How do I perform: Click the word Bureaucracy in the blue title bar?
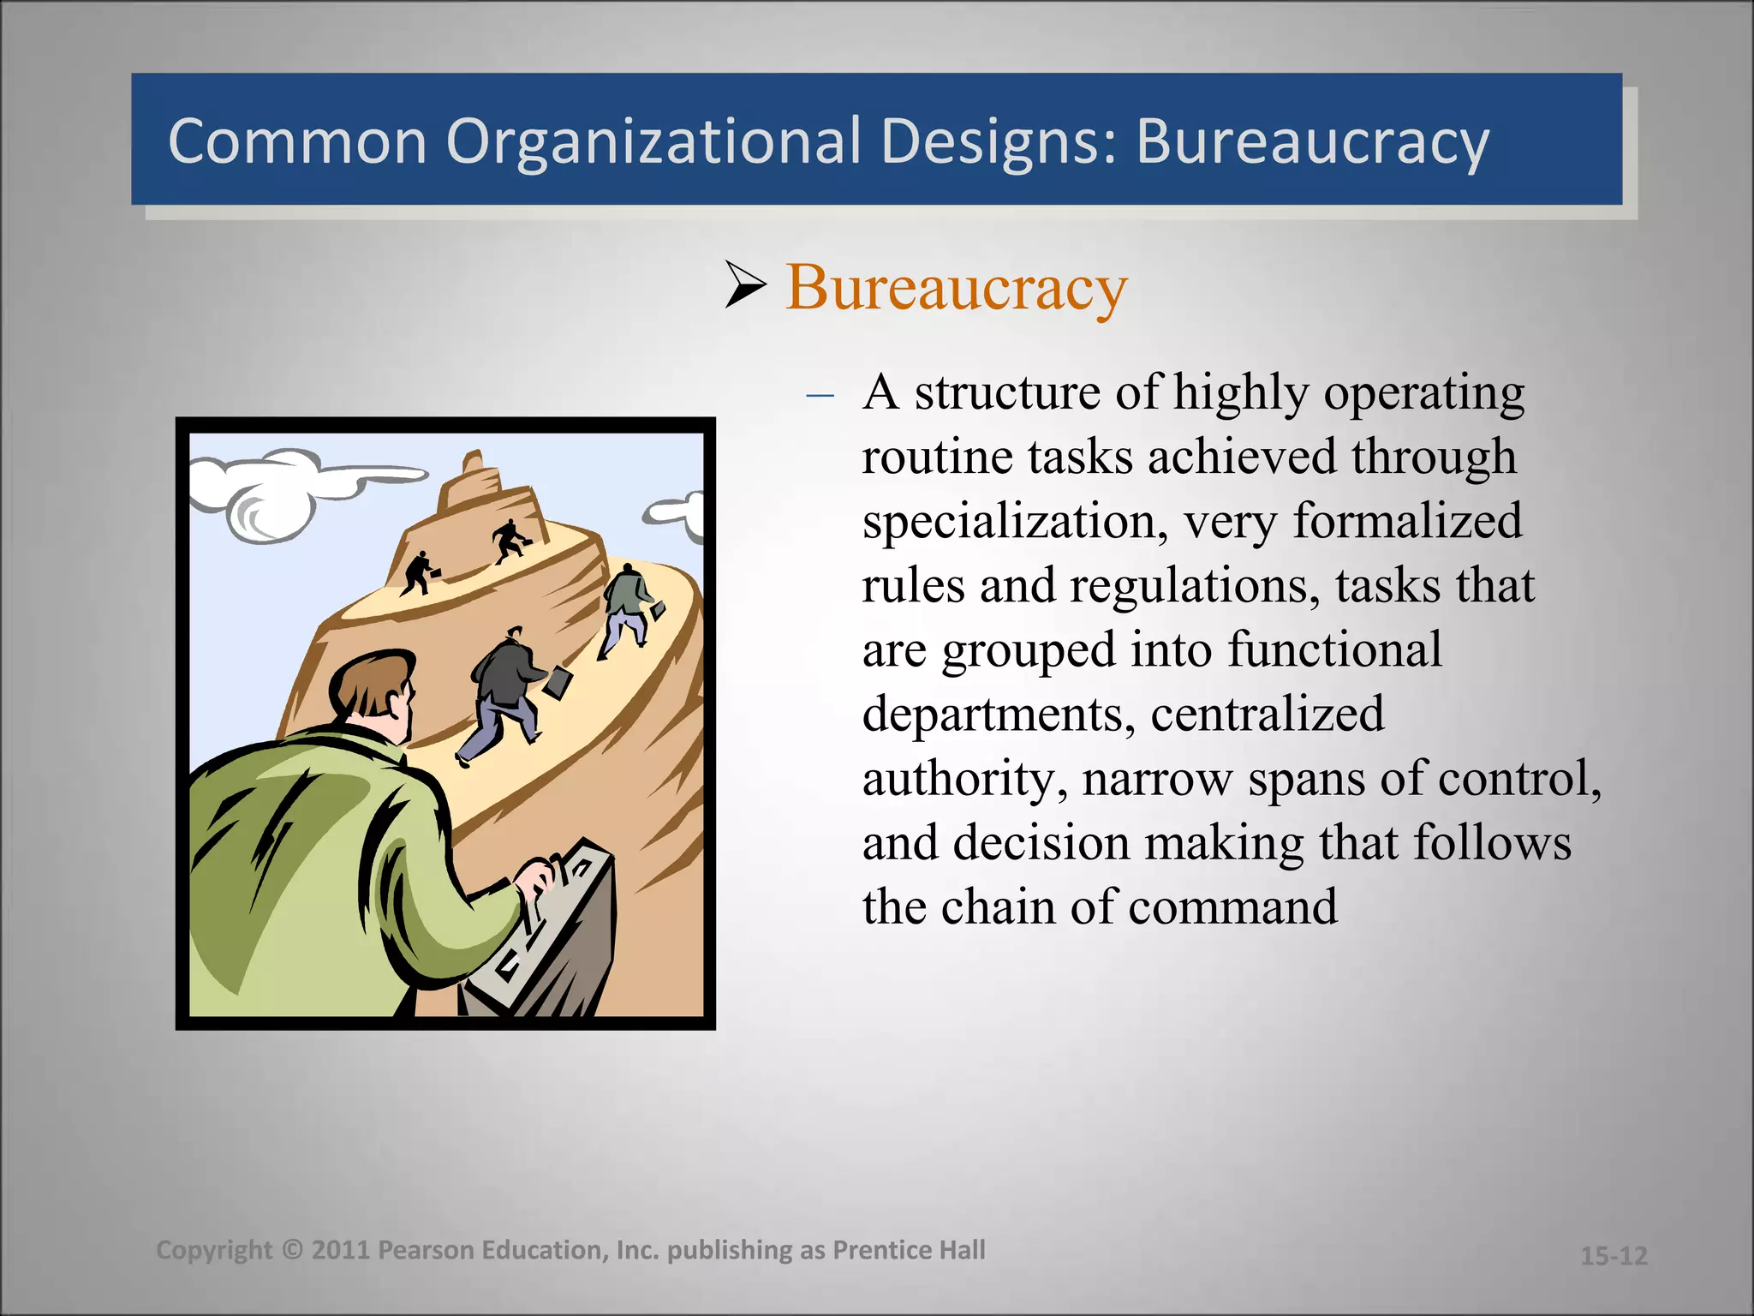(1312, 142)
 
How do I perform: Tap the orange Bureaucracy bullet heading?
(956, 288)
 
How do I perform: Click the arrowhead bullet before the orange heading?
(744, 284)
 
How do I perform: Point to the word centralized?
(1267, 715)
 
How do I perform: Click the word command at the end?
(1232, 907)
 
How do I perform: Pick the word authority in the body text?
(964, 780)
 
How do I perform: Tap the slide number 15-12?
(1614, 1256)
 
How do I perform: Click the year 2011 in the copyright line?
(340, 1250)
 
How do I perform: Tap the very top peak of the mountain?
(472, 463)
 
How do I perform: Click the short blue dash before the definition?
(820, 395)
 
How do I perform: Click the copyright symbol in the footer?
(292, 1250)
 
